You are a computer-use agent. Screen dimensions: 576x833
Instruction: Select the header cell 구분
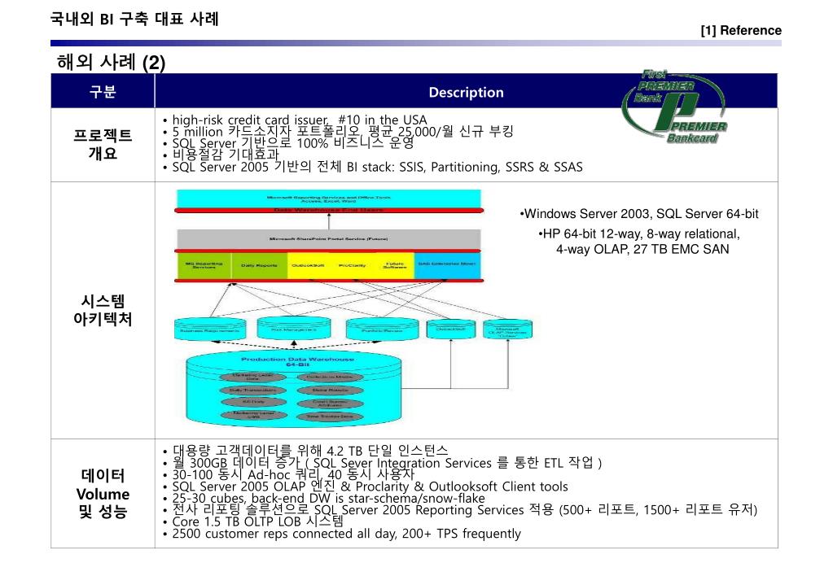coord(103,92)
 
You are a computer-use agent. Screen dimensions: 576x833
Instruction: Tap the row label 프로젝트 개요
coord(103,143)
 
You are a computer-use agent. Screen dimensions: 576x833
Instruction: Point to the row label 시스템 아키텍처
coord(103,310)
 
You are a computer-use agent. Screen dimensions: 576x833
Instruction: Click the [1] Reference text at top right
coord(740,30)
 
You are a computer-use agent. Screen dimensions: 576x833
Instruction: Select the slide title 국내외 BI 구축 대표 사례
coord(134,19)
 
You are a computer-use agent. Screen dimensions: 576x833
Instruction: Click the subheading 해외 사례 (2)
coord(111,63)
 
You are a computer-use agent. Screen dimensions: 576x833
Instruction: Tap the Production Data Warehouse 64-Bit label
coord(296,361)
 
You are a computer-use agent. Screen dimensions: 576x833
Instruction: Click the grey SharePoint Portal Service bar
coord(329,239)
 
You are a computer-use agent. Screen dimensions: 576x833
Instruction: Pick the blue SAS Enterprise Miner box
coord(447,265)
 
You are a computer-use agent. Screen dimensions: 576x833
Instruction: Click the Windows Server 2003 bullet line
coord(639,214)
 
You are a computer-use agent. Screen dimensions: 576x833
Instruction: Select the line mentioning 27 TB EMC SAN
coord(642,249)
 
